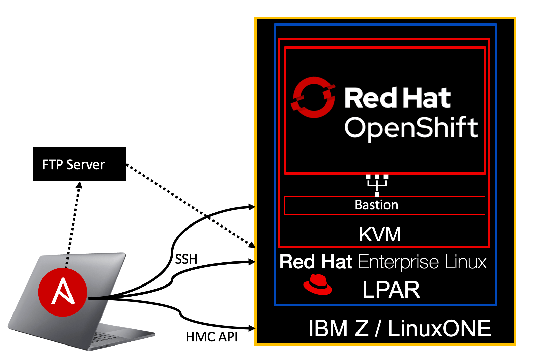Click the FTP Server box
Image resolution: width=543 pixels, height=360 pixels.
[80, 164]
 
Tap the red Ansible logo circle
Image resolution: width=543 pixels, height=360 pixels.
[63, 292]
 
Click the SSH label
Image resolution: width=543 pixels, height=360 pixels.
[186, 259]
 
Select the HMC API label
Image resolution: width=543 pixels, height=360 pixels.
[211, 337]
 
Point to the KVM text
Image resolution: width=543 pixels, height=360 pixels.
[380, 235]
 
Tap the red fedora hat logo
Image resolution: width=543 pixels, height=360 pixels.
[317, 285]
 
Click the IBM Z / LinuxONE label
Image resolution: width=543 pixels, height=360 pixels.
[399, 329]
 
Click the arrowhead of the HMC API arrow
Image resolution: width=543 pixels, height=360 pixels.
[252, 328]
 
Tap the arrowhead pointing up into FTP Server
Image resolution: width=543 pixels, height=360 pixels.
[79, 185]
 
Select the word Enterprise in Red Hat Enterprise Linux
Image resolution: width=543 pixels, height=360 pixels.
[398, 262]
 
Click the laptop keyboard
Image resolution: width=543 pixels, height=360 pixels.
[105, 336]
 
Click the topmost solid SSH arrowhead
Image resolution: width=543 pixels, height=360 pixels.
[252, 207]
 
